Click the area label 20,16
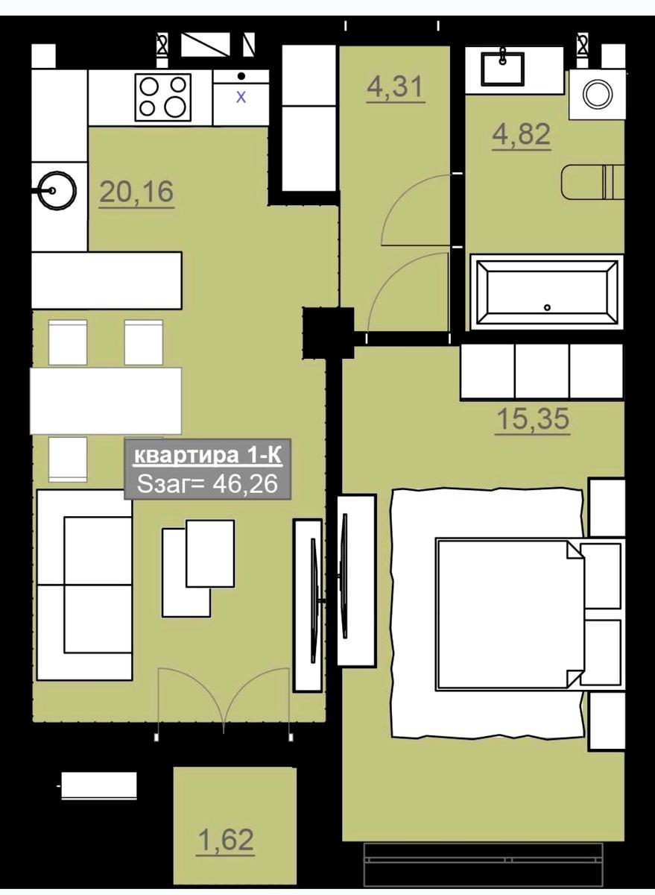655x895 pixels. coord(136,192)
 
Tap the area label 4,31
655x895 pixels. coord(395,87)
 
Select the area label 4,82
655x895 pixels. coord(522,134)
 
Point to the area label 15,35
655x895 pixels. coord(533,418)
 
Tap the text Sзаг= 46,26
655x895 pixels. coord(207,484)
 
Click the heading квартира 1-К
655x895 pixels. coord(208,456)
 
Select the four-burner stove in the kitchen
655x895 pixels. coord(163,97)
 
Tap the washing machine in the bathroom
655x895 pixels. coord(597,95)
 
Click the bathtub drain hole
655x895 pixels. coord(547,307)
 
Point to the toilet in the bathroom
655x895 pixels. coord(592,182)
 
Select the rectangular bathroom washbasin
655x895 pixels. coord(502,69)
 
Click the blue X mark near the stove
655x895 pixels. coord(241,97)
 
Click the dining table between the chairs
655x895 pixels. coord(106,401)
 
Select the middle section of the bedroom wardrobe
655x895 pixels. coord(542,371)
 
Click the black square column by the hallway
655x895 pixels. coord(328,333)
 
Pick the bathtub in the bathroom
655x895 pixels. coord(547,292)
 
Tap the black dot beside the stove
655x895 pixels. coord(241,75)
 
